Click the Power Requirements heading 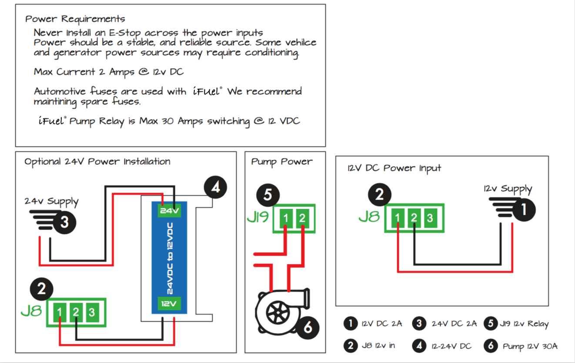point(75,19)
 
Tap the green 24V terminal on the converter point(169,211)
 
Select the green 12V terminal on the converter point(169,303)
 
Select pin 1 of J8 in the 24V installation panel point(60,312)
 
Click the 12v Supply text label point(508,189)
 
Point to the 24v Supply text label point(51,202)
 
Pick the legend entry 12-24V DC point(451,346)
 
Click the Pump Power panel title point(282,162)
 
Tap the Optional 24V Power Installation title point(97,162)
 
